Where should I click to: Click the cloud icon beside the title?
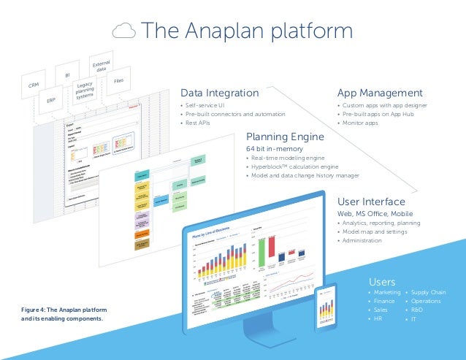pyautogui.click(x=125, y=31)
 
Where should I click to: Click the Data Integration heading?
pyautogui.click(x=219, y=93)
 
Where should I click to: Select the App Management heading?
pyautogui.click(x=379, y=93)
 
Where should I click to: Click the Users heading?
pyautogui.click(x=383, y=281)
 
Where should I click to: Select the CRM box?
pyautogui.click(x=33, y=86)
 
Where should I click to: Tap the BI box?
pyautogui.click(x=66, y=74)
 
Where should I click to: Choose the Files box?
pyautogui.click(x=118, y=79)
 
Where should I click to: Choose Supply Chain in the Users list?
pyautogui.click(x=429, y=292)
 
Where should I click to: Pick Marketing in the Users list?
pyautogui.click(x=387, y=292)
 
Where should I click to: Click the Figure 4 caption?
pyautogui.click(x=62, y=315)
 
